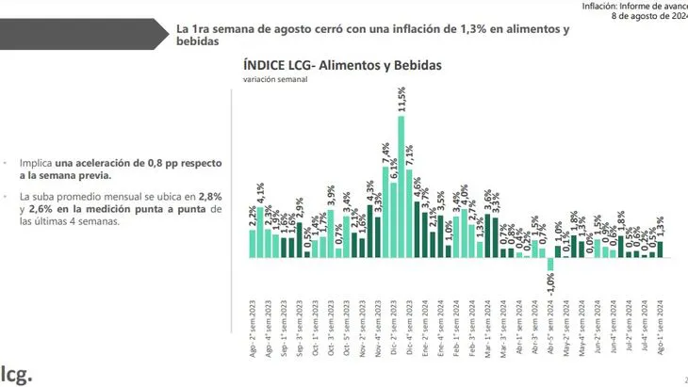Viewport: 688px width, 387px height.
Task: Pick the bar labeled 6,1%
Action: (x=394, y=219)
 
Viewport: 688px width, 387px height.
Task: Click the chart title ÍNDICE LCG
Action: (x=341, y=65)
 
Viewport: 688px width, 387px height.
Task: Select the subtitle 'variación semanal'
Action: (x=275, y=81)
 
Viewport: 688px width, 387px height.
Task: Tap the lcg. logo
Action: (x=18, y=372)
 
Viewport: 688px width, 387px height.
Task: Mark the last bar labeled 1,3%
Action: (x=660, y=249)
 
